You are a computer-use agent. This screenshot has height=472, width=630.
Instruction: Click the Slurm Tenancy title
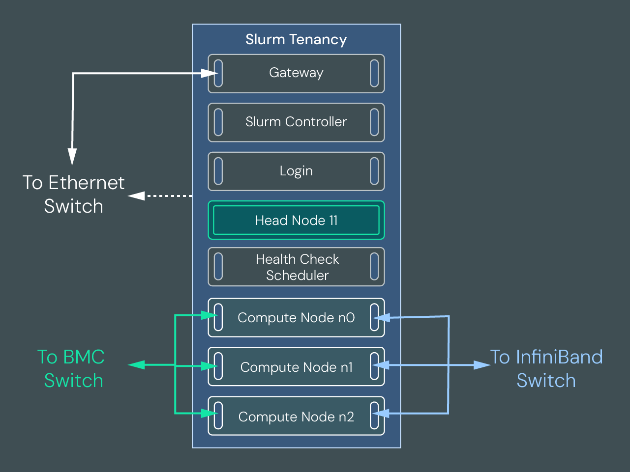(296, 39)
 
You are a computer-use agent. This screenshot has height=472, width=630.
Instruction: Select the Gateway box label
(296, 73)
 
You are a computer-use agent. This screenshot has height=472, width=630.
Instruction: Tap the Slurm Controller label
(296, 122)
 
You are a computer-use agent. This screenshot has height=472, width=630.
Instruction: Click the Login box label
(296, 171)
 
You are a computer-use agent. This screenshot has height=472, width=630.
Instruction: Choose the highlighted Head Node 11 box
(296, 220)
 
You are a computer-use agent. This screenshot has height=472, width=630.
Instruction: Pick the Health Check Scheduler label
(297, 267)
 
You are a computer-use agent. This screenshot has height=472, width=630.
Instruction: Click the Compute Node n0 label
(296, 318)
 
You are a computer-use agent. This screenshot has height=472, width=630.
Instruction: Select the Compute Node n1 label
(296, 367)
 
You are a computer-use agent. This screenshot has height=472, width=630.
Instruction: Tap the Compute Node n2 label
(296, 416)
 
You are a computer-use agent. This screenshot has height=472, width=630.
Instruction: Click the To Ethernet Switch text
(74, 194)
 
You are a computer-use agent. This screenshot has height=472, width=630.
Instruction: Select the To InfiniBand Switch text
(546, 369)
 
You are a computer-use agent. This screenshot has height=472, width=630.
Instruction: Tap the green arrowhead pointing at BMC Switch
(137, 365)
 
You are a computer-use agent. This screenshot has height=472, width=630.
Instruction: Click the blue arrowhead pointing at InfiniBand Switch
(481, 365)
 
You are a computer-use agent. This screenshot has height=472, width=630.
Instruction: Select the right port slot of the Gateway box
(374, 73)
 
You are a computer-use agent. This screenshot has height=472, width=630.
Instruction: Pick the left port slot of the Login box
(218, 171)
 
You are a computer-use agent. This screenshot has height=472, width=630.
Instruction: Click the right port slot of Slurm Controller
(374, 122)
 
